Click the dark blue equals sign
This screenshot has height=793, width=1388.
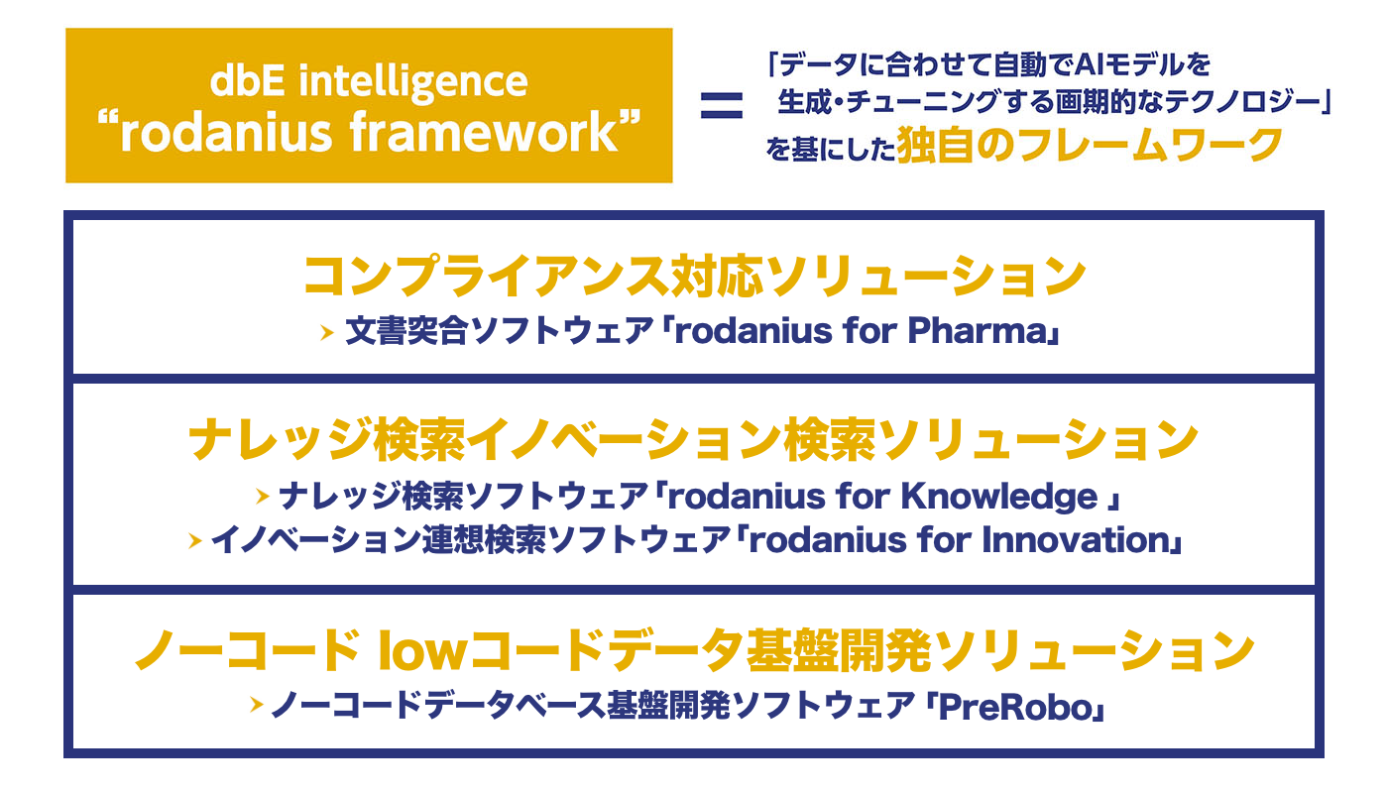pyautogui.click(x=722, y=105)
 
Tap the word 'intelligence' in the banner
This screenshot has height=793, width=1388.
pyautogui.click(x=413, y=82)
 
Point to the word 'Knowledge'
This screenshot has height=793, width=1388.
pyautogui.click(x=999, y=498)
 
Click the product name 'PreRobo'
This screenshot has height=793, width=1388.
pyautogui.click(x=1015, y=707)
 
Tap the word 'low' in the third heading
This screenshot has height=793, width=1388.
pyautogui.click(x=422, y=650)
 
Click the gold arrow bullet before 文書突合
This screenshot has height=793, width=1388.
pyautogui.click(x=327, y=333)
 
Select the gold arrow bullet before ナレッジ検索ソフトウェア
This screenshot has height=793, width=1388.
pyautogui.click(x=262, y=497)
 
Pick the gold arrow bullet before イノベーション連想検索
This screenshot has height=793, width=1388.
pyautogui.click(x=195, y=541)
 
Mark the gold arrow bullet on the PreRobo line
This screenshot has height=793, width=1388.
pyautogui.click(x=256, y=705)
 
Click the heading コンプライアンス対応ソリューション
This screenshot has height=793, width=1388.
pyautogui.click(x=694, y=277)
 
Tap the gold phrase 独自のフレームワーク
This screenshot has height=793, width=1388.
pyautogui.click(x=1090, y=145)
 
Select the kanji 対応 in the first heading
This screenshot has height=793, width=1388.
pyautogui.click(x=717, y=277)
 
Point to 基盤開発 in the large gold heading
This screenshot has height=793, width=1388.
pyautogui.click(x=839, y=650)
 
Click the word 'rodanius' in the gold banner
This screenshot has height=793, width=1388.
pyautogui.click(x=226, y=133)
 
